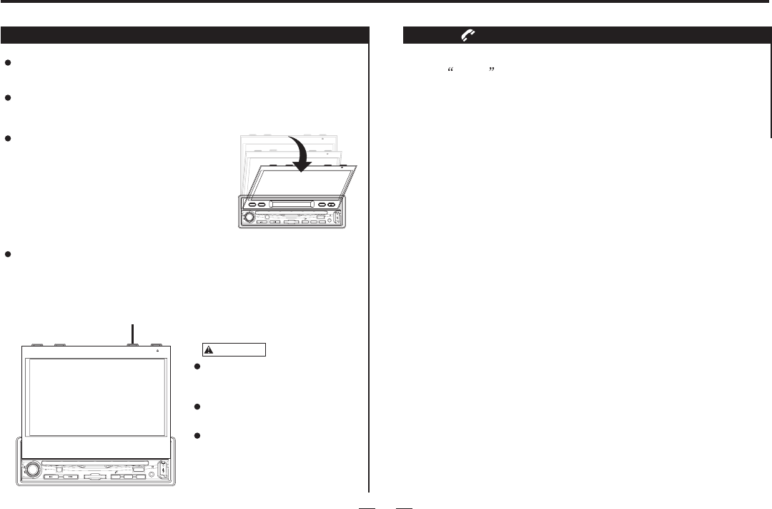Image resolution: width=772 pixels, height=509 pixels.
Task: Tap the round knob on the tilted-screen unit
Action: (249, 217)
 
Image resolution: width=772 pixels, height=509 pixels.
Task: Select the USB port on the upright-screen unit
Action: (162, 470)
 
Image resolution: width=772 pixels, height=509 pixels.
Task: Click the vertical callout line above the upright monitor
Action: (132, 333)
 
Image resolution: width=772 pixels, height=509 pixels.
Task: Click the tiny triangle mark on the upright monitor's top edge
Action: (157, 351)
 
